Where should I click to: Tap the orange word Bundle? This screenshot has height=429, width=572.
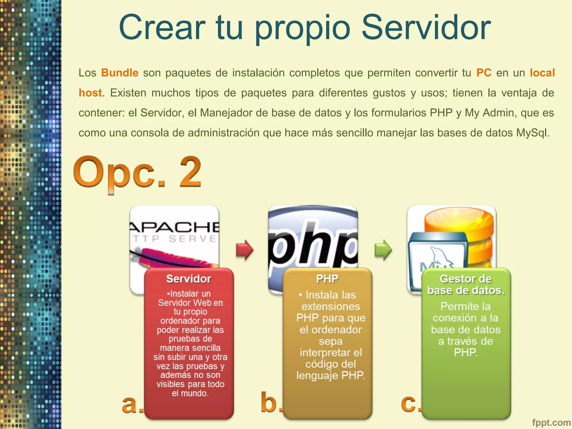pyautogui.click(x=120, y=73)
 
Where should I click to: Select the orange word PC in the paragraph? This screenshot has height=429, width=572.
pyautogui.click(x=484, y=73)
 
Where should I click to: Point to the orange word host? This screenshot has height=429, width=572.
pyautogui.click(x=90, y=93)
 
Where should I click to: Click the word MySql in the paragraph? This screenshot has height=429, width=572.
pyautogui.click(x=531, y=133)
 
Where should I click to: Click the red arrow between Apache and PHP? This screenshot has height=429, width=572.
pyautogui.click(x=244, y=249)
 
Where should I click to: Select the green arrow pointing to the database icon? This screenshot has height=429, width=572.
pyautogui.click(x=383, y=249)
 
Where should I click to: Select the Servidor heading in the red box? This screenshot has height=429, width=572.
pyautogui.click(x=189, y=279)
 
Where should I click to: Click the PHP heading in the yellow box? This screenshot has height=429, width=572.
pyautogui.click(x=327, y=279)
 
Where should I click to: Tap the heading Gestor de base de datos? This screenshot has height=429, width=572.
pyautogui.click(x=466, y=284)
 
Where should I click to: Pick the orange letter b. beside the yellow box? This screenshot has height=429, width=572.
pyautogui.click(x=270, y=403)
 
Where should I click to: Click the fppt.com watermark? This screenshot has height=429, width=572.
pyautogui.click(x=551, y=423)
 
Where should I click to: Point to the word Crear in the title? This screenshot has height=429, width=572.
pyautogui.click(x=162, y=27)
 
